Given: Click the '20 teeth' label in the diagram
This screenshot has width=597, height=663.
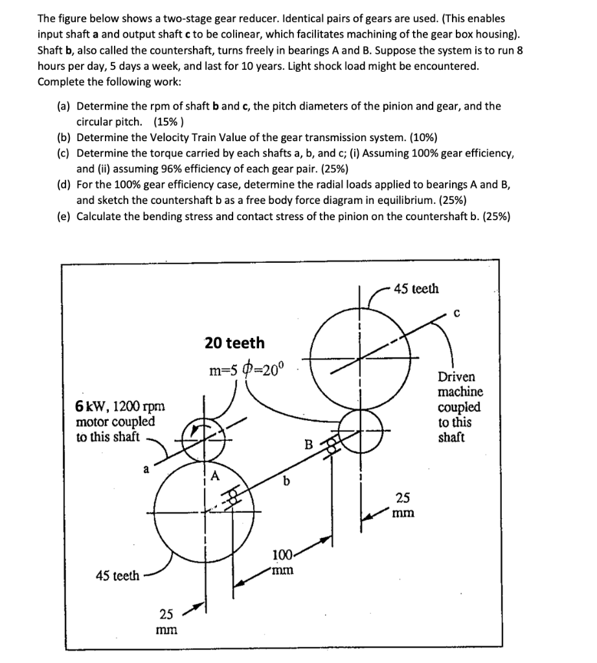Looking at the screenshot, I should pyautogui.click(x=234, y=343).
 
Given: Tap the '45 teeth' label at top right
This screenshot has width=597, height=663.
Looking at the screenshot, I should pyautogui.click(x=417, y=288).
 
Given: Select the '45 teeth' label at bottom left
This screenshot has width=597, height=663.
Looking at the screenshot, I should pyautogui.click(x=117, y=576).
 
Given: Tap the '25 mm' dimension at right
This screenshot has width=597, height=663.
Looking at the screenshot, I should pyautogui.click(x=402, y=505).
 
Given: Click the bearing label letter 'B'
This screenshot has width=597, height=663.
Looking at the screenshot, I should pyautogui.click(x=309, y=445).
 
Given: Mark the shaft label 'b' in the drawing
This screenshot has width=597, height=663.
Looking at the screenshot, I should pyautogui.click(x=286, y=480).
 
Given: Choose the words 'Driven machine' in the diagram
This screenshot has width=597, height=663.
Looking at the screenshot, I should pyautogui.click(x=460, y=384).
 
